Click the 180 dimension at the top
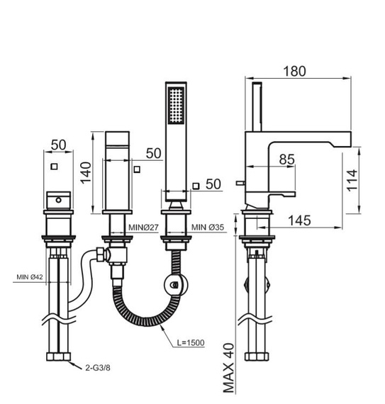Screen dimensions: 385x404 click(x=294, y=71)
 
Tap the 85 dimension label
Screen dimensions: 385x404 click(x=286, y=159)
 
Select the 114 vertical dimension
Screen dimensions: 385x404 click(x=352, y=180)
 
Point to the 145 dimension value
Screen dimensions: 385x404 click(x=299, y=220)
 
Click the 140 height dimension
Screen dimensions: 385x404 click(x=86, y=173)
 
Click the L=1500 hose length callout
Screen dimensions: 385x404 click(x=191, y=342)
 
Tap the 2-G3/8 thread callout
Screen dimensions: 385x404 click(x=98, y=368)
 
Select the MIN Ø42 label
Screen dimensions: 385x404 click(x=30, y=277)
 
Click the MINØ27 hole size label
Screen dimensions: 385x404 click(x=143, y=228)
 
